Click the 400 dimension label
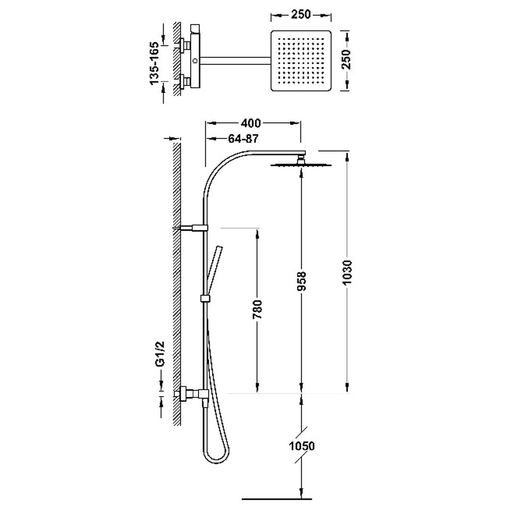pyautogui.click(x=251, y=123)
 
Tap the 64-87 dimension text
pyautogui.click(x=243, y=139)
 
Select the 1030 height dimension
pyautogui.click(x=347, y=272)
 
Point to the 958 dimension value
pyautogui.click(x=301, y=281)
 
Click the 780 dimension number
pyautogui.click(x=257, y=309)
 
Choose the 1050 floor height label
pyautogui.click(x=301, y=446)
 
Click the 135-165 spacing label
pyautogui.click(x=154, y=63)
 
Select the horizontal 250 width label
pyautogui.click(x=300, y=15)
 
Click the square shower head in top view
pyautogui.click(x=301, y=61)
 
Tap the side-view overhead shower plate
pyautogui.click(x=300, y=165)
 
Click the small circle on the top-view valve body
pyautogui.click(x=195, y=61)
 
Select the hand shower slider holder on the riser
pyautogui.click(x=205, y=298)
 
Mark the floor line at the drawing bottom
pyautogui.click(x=277, y=499)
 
